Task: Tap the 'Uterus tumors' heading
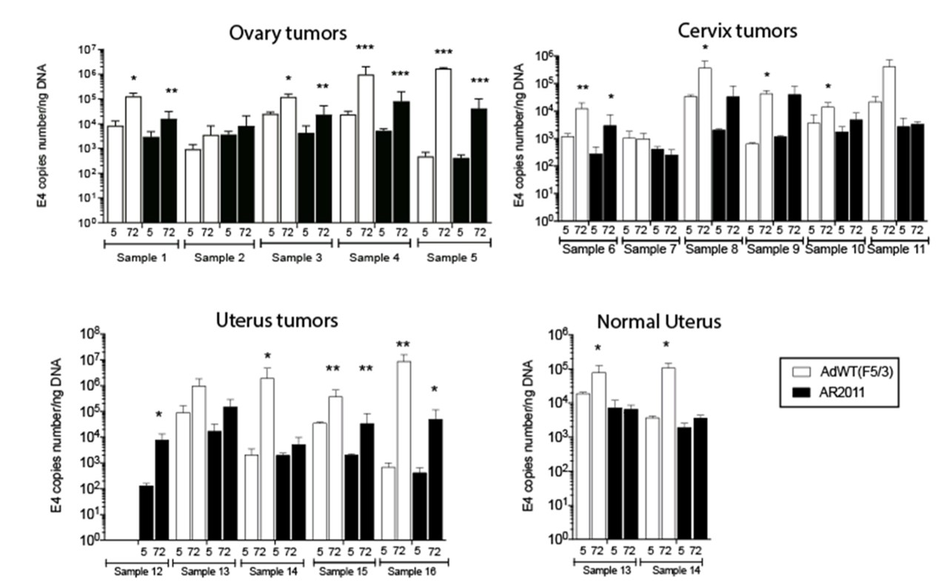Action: tap(278, 321)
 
